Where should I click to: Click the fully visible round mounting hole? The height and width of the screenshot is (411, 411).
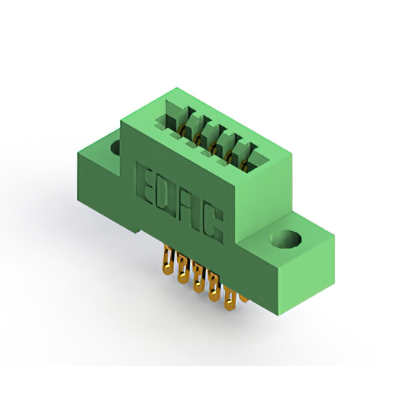[x=286, y=240]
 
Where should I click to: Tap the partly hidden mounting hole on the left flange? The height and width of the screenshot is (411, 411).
[x=116, y=147]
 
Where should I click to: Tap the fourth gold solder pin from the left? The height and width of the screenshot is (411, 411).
[x=214, y=286]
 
